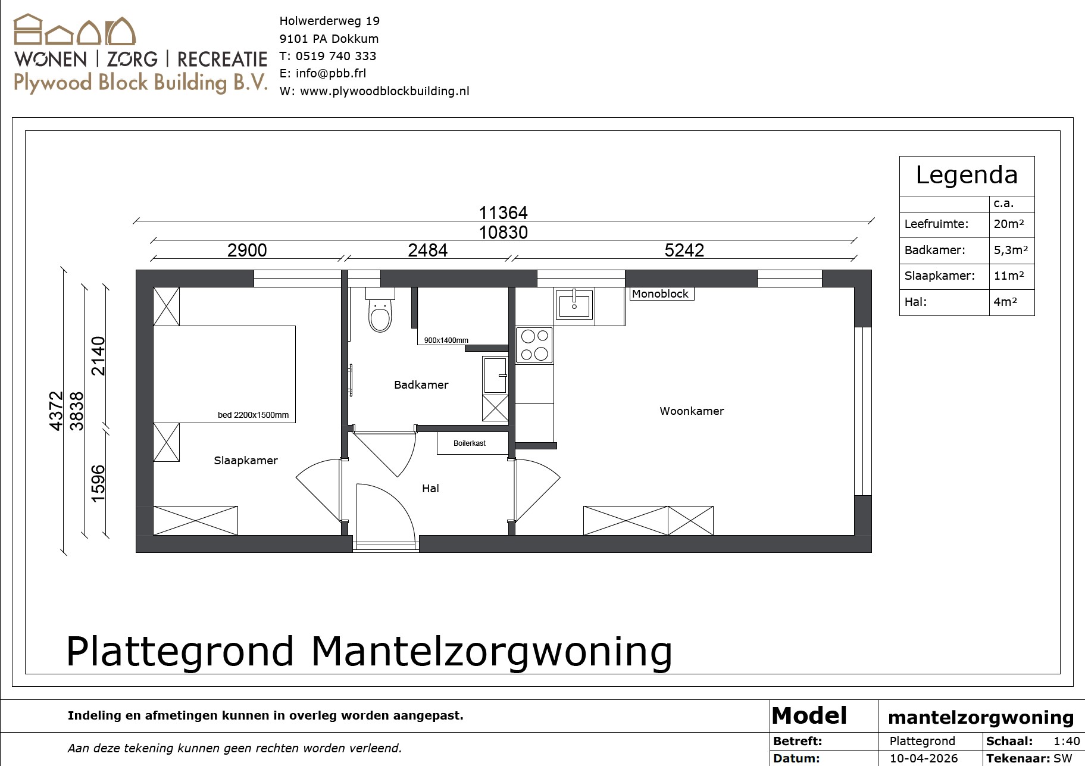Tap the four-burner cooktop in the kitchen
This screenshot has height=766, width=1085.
(x=534, y=345)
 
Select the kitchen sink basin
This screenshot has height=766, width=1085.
(x=574, y=305)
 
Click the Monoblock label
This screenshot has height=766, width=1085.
(x=660, y=293)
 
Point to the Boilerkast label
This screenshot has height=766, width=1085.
(x=470, y=443)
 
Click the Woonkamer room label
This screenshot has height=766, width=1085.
(x=692, y=411)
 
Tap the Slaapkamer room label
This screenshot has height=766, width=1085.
(x=246, y=461)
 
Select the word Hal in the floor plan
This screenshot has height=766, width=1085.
(x=430, y=489)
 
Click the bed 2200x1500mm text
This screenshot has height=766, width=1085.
(x=253, y=415)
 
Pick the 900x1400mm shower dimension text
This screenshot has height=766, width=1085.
(x=446, y=340)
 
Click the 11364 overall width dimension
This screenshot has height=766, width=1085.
(x=504, y=212)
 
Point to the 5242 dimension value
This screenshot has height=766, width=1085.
(x=684, y=250)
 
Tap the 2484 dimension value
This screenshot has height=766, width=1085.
(x=428, y=250)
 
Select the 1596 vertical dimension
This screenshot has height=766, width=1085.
(x=98, y=483)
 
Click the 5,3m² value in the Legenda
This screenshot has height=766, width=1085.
(x=1011, y=250)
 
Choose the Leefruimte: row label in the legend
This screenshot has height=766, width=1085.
(x=936, y=224)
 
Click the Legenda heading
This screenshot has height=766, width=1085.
(x=967, y=175)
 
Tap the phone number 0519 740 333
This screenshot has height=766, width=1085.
(x=336, y=56)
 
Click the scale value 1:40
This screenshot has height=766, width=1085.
(x=1067, y=741)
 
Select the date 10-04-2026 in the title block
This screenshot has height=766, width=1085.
(x=924, y=758)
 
